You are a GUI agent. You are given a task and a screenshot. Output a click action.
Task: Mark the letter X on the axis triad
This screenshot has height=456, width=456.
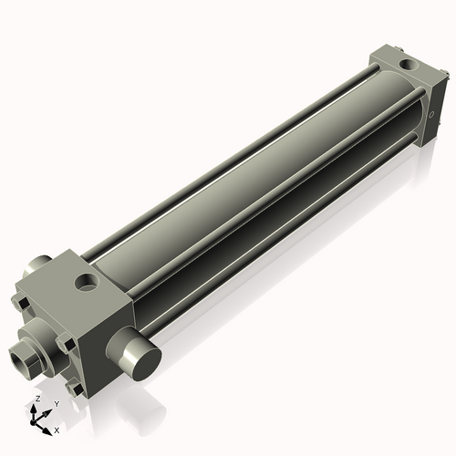[57, 429]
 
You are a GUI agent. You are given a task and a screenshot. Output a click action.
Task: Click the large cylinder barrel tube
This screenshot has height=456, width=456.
[255, 182]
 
